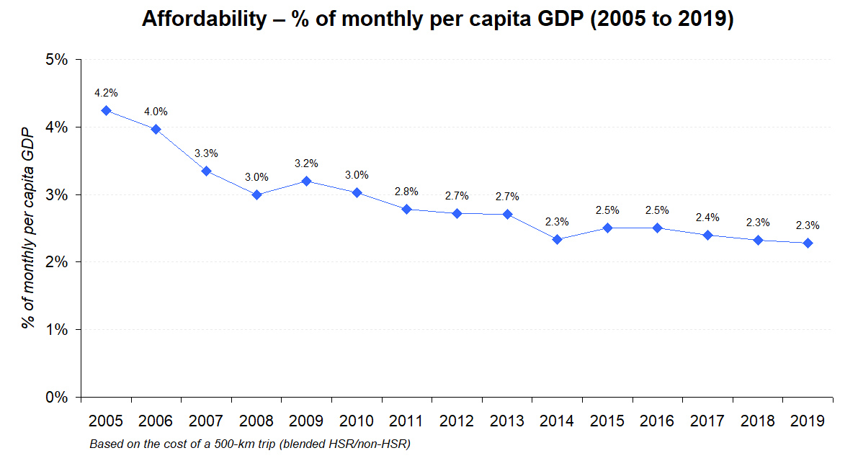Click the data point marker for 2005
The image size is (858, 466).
(106, 110)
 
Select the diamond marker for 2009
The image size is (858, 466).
(307, 181)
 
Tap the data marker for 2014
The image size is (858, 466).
(558, 239)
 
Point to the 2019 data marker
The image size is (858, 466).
(808, 243)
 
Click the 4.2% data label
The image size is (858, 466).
(106, 93)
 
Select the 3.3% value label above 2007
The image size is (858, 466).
(206, 153)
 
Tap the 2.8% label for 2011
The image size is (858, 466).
(407, 192)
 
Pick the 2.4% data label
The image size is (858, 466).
(707, 218)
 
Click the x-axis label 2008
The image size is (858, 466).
(256, 421)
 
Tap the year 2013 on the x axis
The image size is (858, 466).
(507, 421)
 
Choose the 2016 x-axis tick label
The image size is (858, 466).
(658, 421)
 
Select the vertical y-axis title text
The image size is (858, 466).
(27, 228)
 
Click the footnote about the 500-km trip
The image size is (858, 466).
(249, 444)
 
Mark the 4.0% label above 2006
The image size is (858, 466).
(156, 112)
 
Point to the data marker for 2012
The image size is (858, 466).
(457, 213)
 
